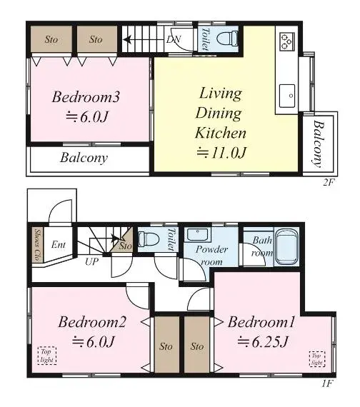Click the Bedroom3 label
click(86, 97)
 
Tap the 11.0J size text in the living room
click(221, 152)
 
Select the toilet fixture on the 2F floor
click(227, 39)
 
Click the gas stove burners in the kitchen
click(287, 41)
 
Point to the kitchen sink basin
click(287, 96)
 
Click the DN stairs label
click(174, 39)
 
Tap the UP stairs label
click(91, 261)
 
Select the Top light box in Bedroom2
click(47, 356)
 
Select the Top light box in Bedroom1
click(317, 358)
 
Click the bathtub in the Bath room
click(286, 246)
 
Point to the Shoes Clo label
click(38, 245)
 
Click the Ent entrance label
click(59, 244)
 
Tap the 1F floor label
click(326, 383)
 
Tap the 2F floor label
click(328, 182)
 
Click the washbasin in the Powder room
click(197, 235)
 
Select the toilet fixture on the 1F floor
click(149, 238)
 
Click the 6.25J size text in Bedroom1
click(263, 342)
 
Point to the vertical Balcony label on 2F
click(319, 144)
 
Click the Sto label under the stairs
click(125, 246)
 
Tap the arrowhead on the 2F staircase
click(127, 40)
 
